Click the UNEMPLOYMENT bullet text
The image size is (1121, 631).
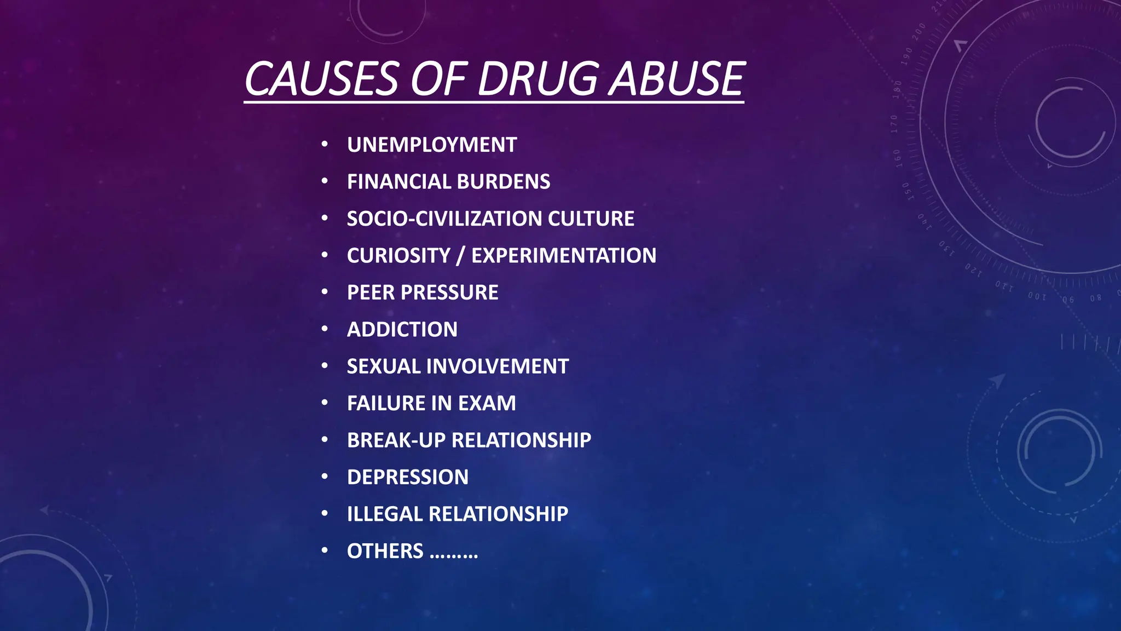pos(432,145)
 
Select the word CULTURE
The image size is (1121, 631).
pos(591,219)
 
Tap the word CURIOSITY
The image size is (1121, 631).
pos(398,256)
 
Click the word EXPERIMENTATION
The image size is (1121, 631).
pos(564,256)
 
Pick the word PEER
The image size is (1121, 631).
pos(371,292)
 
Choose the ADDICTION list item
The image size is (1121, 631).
pos(402,330)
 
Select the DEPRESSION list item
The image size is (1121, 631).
pos(408,477)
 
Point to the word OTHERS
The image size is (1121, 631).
pos(385,551)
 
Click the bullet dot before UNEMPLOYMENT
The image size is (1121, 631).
pos(325,145)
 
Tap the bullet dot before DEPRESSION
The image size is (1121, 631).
pos(325,477)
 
